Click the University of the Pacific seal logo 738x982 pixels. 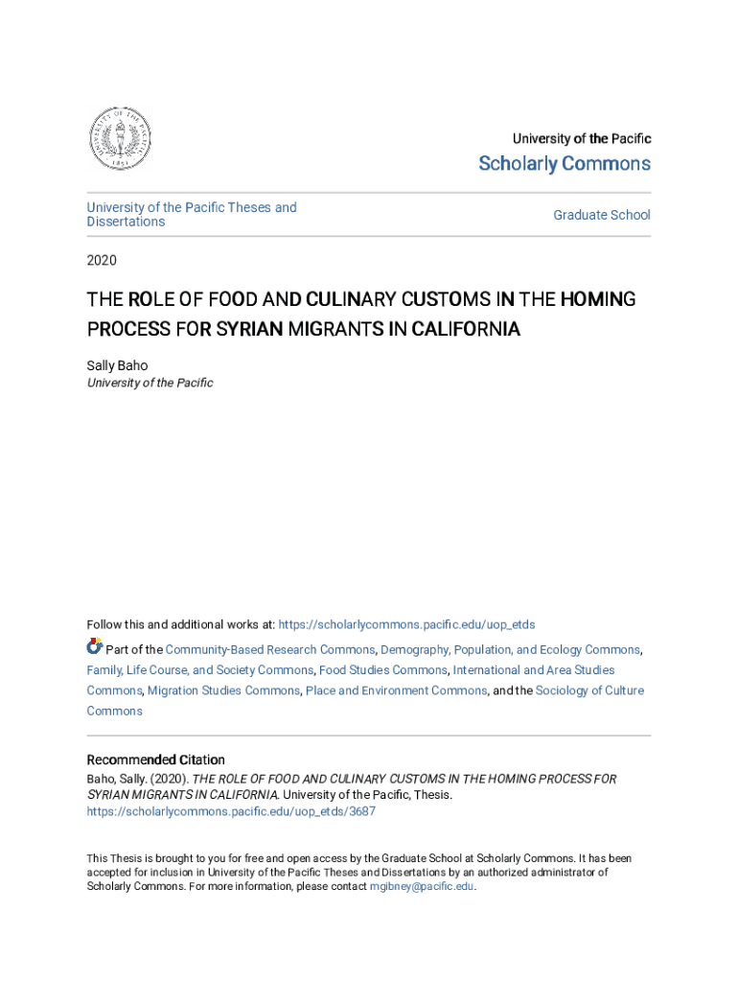tap(120, 139)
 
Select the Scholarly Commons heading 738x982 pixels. tap(565, 164)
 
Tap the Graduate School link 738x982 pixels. tap(601, 215)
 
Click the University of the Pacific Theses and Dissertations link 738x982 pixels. tap(192, 214)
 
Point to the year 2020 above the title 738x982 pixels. tap(101, 260)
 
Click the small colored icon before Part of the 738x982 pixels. tap(95, 646)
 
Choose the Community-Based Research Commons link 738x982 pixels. tap(270, 649)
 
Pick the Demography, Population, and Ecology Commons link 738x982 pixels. tap(511, 649)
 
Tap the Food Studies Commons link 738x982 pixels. tap(382, 669)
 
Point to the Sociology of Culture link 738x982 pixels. tap(589, 690)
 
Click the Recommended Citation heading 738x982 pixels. tap(156, 760)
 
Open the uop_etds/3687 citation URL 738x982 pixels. tap(231, 811)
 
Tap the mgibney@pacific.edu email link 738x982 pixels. tap(422, 887)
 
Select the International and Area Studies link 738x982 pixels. tap(534, 669)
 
